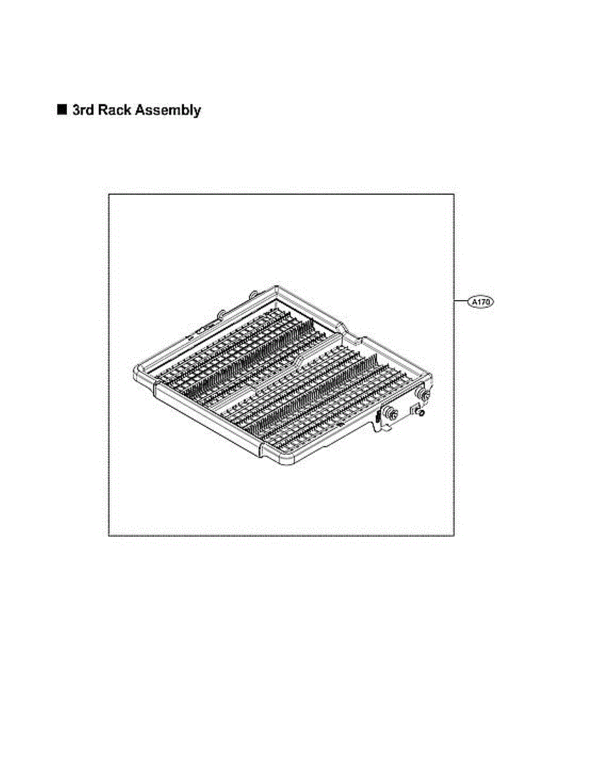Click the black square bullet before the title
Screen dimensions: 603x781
tap(62, 110)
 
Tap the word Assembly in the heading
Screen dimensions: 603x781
tap(168, 111)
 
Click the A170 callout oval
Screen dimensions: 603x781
tap(481, 302)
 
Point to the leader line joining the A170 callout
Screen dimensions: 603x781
tap(461, 301)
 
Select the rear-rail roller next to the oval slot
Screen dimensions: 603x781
tap(222, 314)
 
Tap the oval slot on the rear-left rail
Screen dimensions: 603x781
tap(202, 329)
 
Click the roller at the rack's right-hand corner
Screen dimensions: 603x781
tap(426, 394)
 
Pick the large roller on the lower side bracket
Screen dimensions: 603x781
tap(392, 414)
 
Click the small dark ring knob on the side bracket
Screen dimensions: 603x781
tap(421, 413)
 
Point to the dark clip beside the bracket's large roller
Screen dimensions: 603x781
tap(377, 417)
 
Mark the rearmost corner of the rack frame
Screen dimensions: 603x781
tap(276, 286)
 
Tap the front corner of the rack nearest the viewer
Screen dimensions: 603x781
tap(284, 464)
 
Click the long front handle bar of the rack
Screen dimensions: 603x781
tap(208, 420)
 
